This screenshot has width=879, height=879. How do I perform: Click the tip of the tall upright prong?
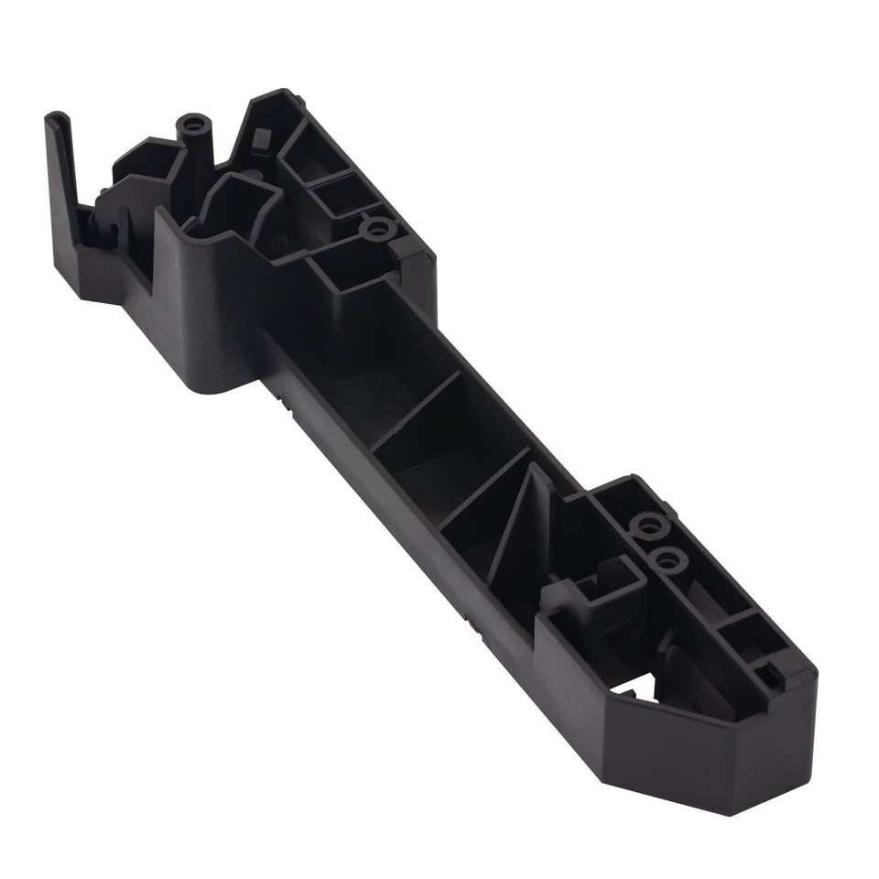(x=56, y=118)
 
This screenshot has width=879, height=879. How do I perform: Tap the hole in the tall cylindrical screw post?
(x=193, y=123)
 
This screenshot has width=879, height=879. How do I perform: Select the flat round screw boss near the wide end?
(x=377, y=227)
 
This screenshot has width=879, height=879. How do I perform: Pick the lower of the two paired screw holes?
(x=668, y=559)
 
